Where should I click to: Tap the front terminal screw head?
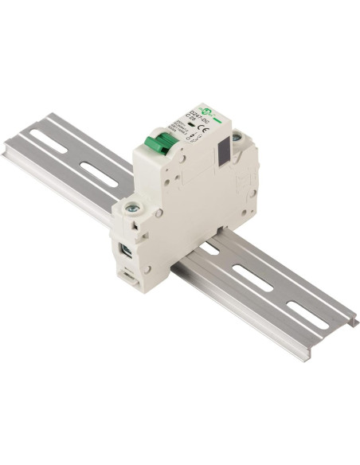click(x=132, y=209)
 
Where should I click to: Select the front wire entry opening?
click(x=127, y=254)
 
